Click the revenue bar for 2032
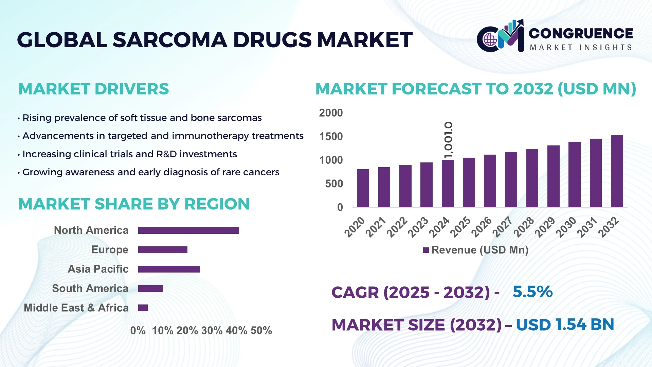coord(617,171)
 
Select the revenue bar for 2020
coord(363,188)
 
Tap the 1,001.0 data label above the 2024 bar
coord(448,140)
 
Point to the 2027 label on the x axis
coord(502,227)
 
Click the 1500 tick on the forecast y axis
coord(331,137)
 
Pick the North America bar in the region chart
coord(188,230)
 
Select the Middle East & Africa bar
coord(143,308)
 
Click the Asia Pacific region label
coord(98,269)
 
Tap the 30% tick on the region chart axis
coord(212,330)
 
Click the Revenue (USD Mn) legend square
coord(426,250)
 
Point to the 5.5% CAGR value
coord(532,292)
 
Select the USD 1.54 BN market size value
coord(565,325)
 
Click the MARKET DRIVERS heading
coord(93,89)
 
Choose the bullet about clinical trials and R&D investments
coord(129,154)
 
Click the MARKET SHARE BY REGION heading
coord(134,204)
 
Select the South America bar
coord(150,289)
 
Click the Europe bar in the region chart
coord(163,250)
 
